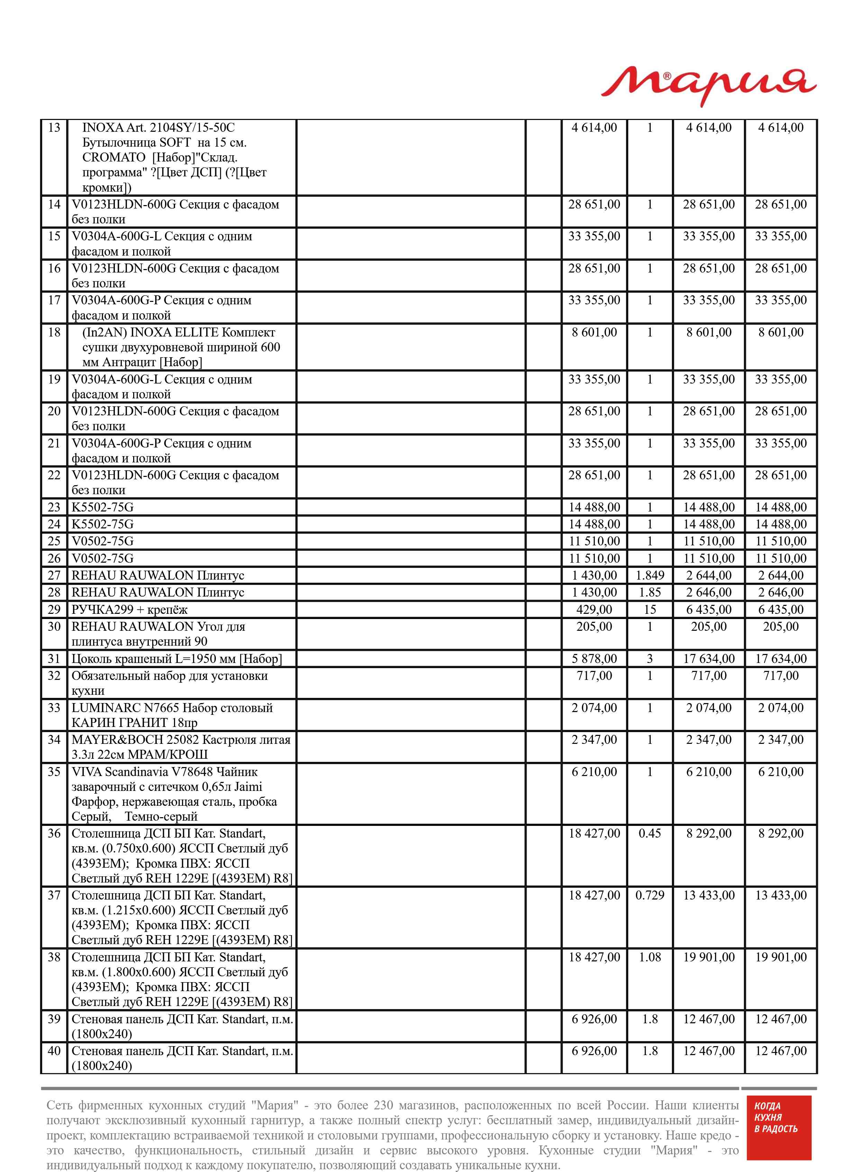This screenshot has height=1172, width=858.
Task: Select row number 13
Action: click(54, 128)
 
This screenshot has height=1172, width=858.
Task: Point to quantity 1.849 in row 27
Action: click(650, 575)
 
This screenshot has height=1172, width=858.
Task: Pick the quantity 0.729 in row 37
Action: click(650, 895)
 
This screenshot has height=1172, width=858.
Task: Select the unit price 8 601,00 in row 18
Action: click(594, 332)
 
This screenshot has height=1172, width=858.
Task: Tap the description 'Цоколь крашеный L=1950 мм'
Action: click(176, 659)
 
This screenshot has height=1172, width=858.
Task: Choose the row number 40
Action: click(54, 1051)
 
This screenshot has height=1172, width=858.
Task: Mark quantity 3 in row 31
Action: click(650, 659)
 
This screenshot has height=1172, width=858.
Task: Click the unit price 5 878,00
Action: click(594, 659)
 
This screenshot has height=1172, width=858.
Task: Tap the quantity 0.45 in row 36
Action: click(650, 833)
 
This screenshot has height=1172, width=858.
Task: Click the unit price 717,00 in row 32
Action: click(594, 676)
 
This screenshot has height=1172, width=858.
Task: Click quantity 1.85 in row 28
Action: click(650, 592)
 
